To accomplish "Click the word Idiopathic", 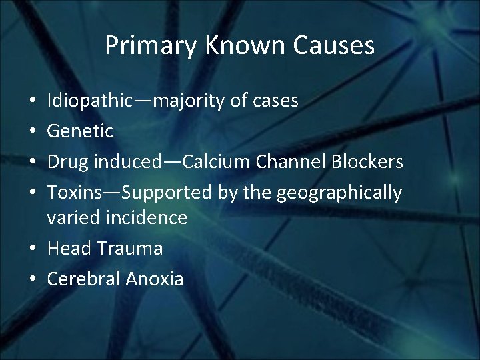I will (89, 101).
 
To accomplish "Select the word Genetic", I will (80, 131).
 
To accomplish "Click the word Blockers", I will (369, 162).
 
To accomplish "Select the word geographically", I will (339, 193).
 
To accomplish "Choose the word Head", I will (69, 249).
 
